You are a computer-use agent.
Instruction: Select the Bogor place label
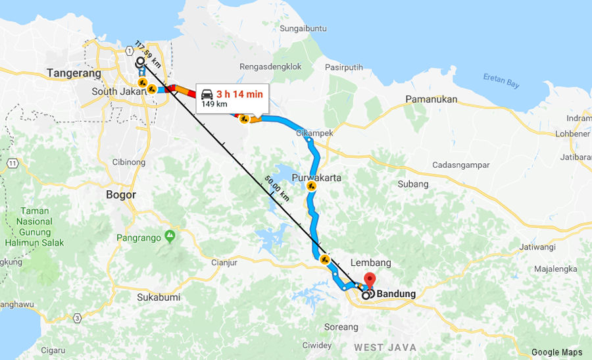[x=120, y=195]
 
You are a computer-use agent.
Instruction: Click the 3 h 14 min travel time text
[x=239, y=94]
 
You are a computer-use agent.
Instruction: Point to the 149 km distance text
[x=214, y=104]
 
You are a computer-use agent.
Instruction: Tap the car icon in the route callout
[x=207, y=94]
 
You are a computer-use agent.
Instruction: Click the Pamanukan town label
[x=432, y=99]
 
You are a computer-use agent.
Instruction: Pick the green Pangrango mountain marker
[x=170, y=235]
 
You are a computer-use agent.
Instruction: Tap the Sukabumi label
[x=159, y=297]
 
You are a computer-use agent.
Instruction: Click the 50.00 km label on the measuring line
[x=276, y=188]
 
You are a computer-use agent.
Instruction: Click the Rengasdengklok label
[x=270, y=66]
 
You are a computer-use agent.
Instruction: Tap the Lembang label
[x=371, y=263]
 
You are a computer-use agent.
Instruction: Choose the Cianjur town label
[x=224, y=263]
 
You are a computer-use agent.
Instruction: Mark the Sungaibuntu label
[x=303, y=28]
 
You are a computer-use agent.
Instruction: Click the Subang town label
[x=413, y=184]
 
